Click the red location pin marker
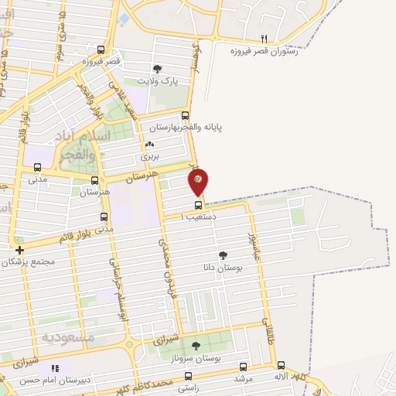tap(199, 182)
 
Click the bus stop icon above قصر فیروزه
tap(101, 49)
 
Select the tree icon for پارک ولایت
tap(158, 68)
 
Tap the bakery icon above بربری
tap(149, 144)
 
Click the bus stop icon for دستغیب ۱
tap(199, 205)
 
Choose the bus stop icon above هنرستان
tap(95, 179)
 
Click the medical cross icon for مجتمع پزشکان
tap(19, 250)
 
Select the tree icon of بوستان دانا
tap(224, 254)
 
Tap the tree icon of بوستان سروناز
tap(196, 346)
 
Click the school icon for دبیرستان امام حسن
tap(55, 369)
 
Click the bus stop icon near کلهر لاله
tap(281, 365)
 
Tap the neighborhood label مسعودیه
tap(67, 337)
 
